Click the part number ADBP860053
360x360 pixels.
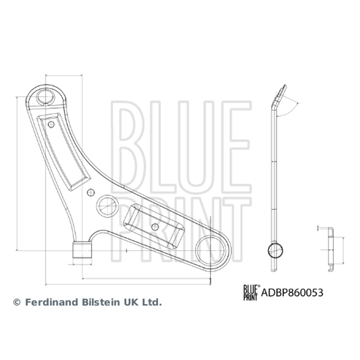[x=292, y=293]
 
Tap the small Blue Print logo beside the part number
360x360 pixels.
[x=252, y=292]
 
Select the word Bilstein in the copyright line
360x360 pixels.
[x=100, y=302]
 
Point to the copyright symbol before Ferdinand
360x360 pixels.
[x=17, y=302]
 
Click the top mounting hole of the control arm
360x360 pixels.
[x=46, y=97]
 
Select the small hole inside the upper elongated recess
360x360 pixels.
[x=51, y=125]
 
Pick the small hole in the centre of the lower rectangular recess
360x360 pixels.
[x=155, y=227]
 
